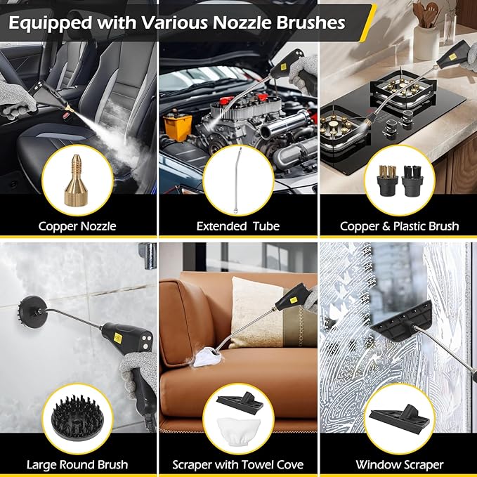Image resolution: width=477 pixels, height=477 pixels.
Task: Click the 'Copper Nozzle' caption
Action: click(77, 226)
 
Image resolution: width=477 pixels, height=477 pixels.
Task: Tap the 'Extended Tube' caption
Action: click(238, 226)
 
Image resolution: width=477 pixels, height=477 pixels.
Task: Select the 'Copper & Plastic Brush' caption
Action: click(399, 226)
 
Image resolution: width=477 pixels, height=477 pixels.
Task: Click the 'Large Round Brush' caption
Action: click(77, 464)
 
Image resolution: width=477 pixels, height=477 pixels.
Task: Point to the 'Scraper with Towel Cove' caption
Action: click(238, 464)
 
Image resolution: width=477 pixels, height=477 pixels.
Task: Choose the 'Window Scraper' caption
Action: click(399, 464)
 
